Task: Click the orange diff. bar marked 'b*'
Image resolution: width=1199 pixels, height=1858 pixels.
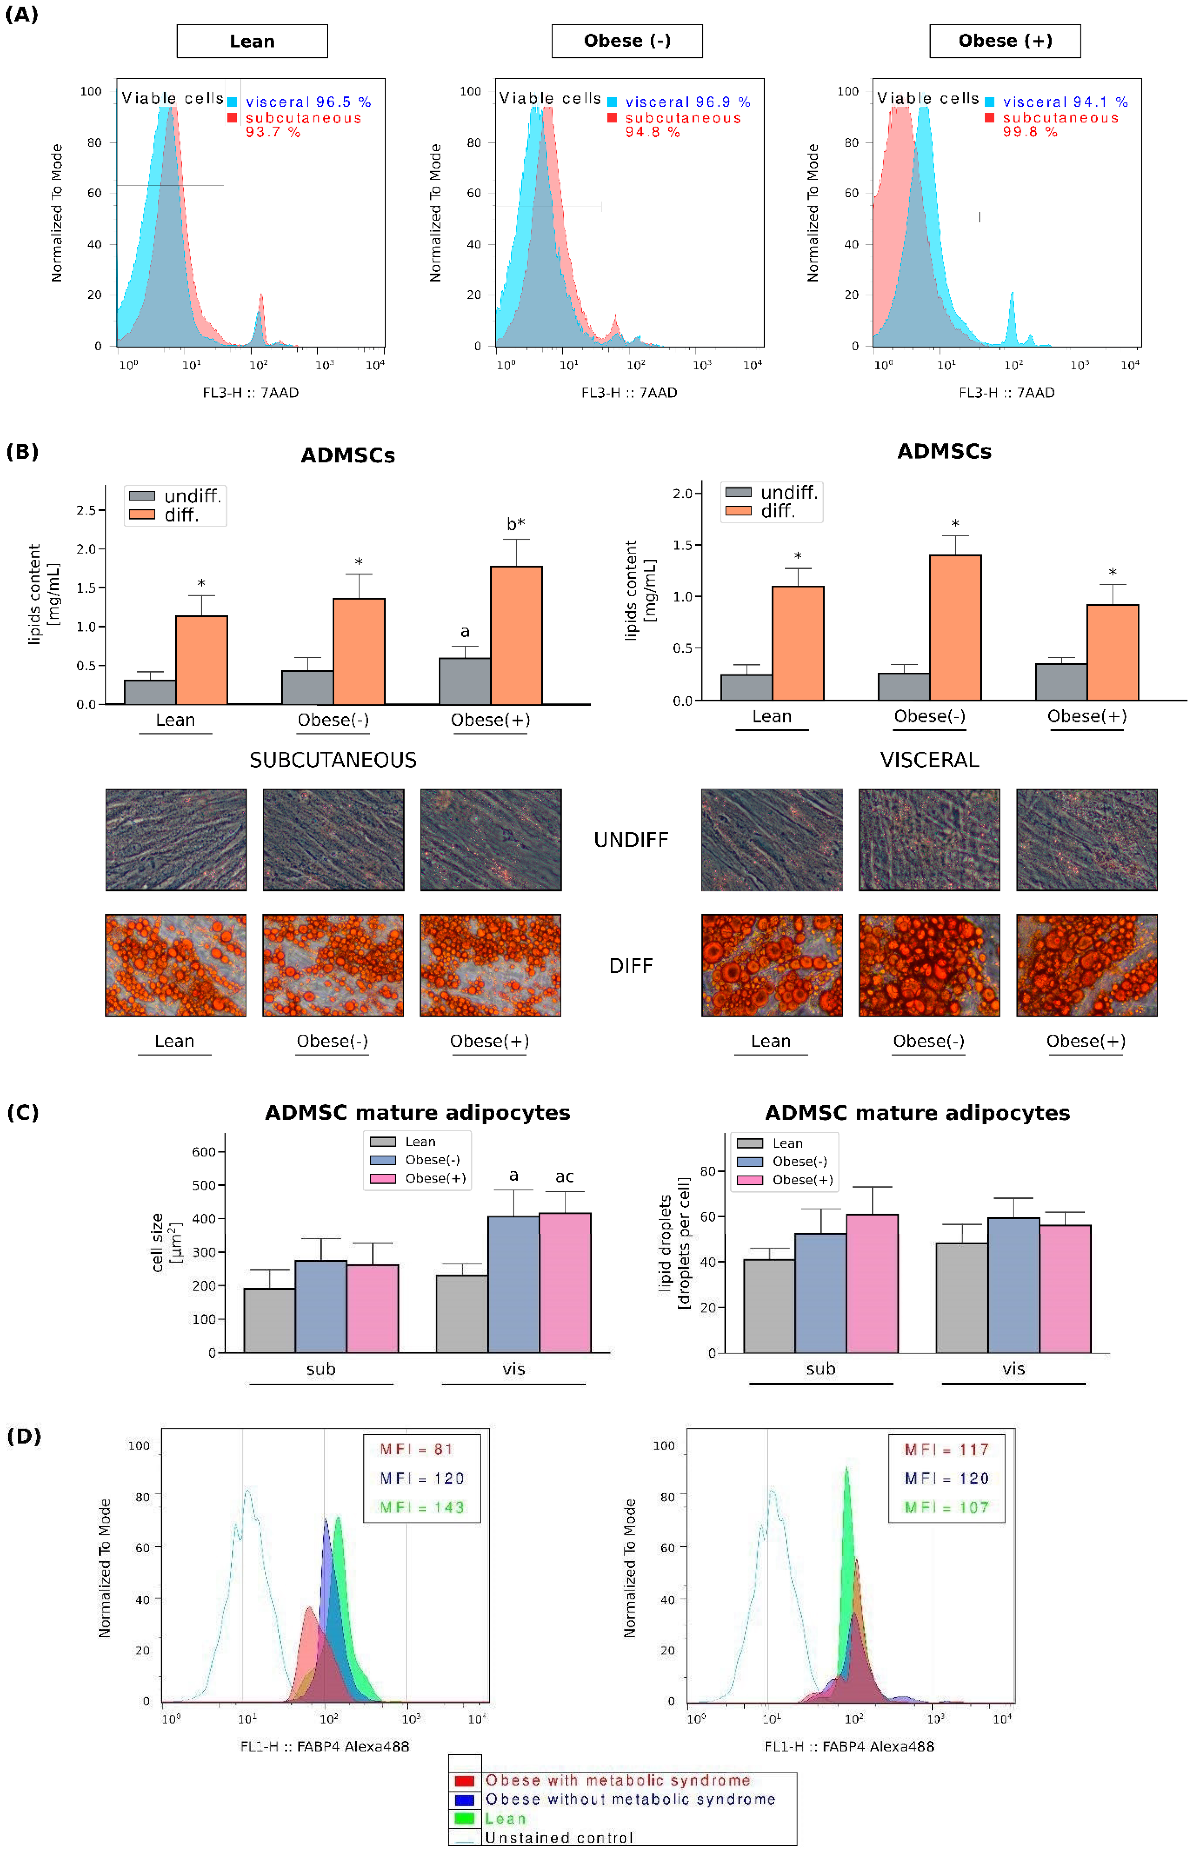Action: pyautogui.click(x=516, y=634)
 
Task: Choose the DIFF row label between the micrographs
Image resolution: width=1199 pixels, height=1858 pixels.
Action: pyautogui.click(x=631, y=966)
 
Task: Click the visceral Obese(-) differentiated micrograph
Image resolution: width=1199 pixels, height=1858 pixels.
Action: pyautogui.click(x=929, y=966)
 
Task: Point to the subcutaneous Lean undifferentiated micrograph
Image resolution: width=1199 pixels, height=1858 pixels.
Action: pyautogui.click(x=176, y=839)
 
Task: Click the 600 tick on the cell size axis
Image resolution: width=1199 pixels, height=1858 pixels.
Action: pyautogui.click(x=204, y=1152)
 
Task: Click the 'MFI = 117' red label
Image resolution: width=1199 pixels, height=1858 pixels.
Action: pyautogui.click(x=946, y=1449)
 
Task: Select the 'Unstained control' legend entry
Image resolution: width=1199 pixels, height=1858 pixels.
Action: pyautogui.click(x=559, y=1838)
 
